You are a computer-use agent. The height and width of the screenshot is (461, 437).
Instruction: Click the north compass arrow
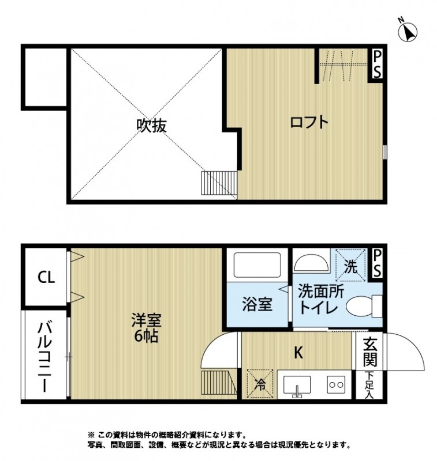click(x=409, y=31)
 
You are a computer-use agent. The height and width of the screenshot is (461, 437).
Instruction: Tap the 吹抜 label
click(x=151, y=125)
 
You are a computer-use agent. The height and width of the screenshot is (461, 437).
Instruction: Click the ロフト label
click(x=309, y=122)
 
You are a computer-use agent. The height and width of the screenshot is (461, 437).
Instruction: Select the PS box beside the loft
click(x=377, y=64)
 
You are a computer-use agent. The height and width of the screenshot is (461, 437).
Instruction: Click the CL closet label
click(x=46, y=277)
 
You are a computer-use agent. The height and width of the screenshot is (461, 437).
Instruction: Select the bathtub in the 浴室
click(x=256, y=265)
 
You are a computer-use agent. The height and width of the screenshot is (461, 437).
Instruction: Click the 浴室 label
click(x=257, y=304)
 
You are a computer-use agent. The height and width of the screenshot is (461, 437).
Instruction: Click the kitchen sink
click(x=297, y=385)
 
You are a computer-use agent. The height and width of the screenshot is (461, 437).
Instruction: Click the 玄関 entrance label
click(x=370, y=352)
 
